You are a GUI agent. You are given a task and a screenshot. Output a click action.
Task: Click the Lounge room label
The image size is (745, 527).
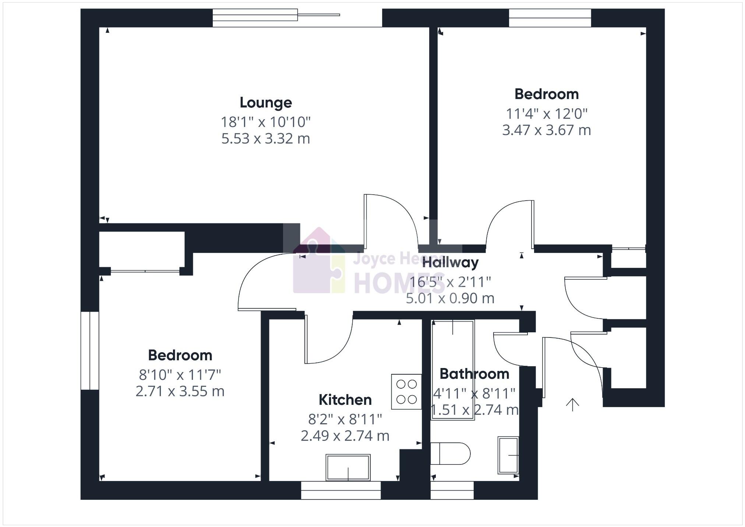pyautogui.click(x=266, y=103)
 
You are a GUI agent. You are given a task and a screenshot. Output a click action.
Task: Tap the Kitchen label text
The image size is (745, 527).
pyautogui.click(x=345, y=400)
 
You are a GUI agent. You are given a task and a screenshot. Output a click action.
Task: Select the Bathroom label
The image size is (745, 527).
pyautogui.click(x=474, y=374)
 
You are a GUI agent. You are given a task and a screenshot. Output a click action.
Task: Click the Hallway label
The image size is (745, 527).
pyautogui.click(x=450, y=263)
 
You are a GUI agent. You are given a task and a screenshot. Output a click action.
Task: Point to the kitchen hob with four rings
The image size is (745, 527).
pyautogui.click(x=406, y=392)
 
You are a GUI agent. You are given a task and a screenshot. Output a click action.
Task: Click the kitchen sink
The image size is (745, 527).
pyautogui.click(x=348, y=467)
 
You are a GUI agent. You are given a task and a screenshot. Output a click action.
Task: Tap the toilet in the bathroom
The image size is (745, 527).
pyautogui.click(x=451, y=454)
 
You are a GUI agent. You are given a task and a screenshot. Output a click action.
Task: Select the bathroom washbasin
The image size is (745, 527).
pyautogui.click(x=508, y=455)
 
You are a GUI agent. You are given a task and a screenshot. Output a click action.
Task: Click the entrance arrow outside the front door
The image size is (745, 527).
pyautogui.click(x=572, y=404)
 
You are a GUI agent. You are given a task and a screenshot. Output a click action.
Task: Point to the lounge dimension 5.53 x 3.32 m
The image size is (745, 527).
pyautogui.click(x=266, y=139)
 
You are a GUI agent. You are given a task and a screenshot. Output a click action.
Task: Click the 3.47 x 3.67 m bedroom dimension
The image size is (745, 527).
pyautogui.click(x=547, y=130)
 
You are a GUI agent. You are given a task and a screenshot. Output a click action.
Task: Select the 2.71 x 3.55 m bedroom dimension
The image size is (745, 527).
pyautogui.click(x=180, y=391)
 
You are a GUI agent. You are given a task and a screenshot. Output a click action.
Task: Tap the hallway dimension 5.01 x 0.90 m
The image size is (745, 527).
pyautogui.click(x=450, y=298)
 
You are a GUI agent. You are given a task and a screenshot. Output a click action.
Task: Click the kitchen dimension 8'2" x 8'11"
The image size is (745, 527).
pyautogui.click(x=345, y=419)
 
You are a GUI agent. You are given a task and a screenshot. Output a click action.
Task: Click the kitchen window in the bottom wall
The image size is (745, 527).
pyautogui.click(x=341, y=490)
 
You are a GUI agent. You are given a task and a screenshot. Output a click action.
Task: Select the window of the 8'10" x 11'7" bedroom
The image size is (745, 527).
pyautogui.click(x=90, y=351)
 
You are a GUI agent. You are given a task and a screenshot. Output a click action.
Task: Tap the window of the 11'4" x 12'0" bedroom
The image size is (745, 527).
pyautogui.click(x=550, y=18)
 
